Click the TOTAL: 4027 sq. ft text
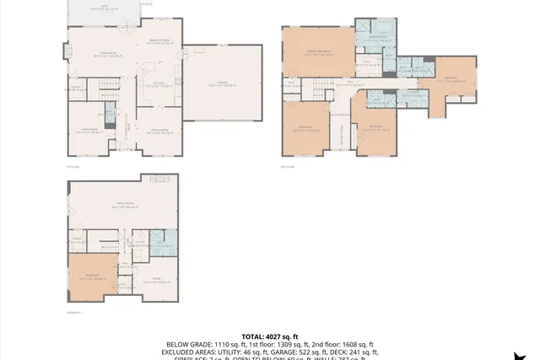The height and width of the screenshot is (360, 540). pyautogui.click(x=270, y=336)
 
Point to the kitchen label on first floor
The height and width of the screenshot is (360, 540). pyautogui.click(x=159, y=83)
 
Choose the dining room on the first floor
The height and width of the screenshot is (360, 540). pyautogui.click(x=159, y=130)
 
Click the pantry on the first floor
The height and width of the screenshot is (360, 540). pyautogui.click(x=74, y=88)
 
